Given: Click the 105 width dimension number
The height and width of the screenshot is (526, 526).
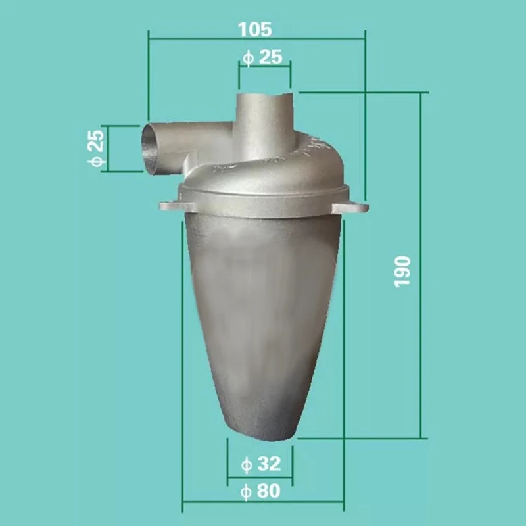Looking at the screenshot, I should [256, 29].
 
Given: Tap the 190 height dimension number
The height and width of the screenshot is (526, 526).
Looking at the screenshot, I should [402, 270].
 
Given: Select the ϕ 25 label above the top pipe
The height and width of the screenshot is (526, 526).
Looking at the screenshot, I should [262, 57].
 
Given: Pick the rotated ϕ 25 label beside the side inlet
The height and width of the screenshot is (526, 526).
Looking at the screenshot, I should [95, 149].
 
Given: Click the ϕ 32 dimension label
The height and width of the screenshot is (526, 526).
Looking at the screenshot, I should [261, 464].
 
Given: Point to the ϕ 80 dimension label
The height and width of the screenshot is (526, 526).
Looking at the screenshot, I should [261, 490].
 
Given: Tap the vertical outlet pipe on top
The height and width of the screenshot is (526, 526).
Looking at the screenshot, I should [263, 122].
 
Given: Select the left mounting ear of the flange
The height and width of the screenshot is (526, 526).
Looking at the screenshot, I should [168, 206].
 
